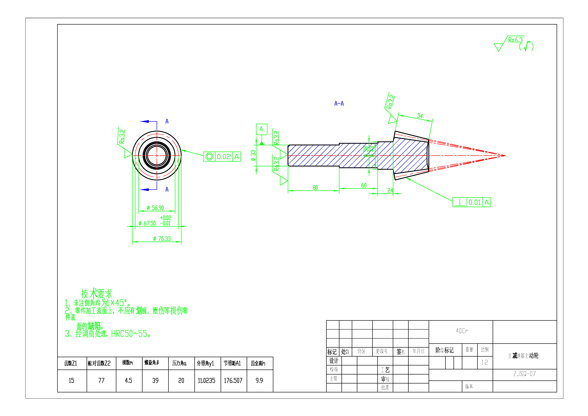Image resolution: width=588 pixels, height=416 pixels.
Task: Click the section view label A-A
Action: tap(339, 104)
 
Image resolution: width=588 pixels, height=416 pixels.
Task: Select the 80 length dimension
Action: tap(315, 188)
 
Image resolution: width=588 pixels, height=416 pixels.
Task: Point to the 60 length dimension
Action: tap(364, 185)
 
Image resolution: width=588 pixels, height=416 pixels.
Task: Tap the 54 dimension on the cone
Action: tap(420, 116)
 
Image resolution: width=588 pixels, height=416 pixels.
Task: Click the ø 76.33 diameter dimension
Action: tap(162, 239)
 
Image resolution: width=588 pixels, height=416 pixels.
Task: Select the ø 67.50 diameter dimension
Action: tap(147, 223)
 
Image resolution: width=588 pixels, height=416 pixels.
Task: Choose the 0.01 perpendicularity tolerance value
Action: tap(474, 203)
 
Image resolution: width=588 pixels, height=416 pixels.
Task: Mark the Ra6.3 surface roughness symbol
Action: tap(515, 40)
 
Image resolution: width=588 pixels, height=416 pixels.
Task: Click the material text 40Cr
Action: tap(462, 331)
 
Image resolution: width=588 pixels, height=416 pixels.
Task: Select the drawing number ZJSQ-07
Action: tap(524, 374)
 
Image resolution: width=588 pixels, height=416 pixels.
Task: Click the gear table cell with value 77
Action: tap(101, 380)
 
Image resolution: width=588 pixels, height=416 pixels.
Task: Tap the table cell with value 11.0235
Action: tap(206, 380)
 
